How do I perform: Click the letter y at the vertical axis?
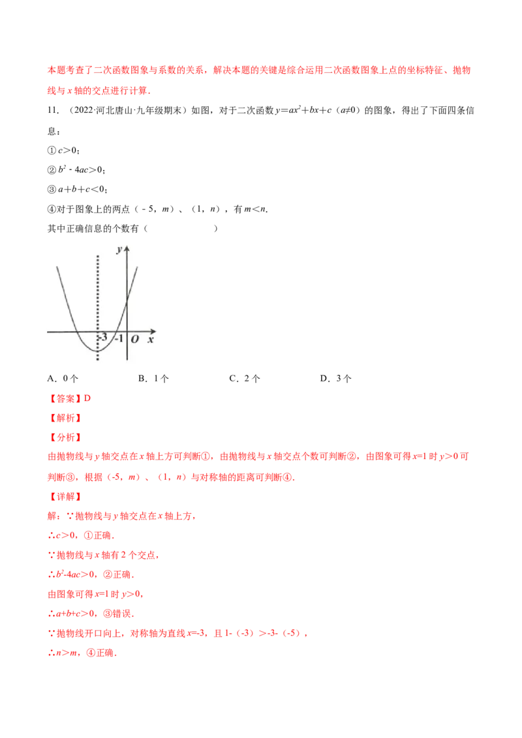click(119, 250)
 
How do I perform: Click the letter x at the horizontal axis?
click(151, 340)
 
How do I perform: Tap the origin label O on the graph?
click(134, 340)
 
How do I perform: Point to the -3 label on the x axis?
click(102, 338)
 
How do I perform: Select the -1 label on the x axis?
click(118, 338)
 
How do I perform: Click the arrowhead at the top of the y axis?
click(127, 248)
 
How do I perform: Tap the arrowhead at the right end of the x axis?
click(154, 331)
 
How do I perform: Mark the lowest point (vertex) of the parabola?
click(98, 351)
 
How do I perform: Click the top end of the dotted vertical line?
click(98, 256)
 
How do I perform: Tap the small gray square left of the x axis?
click(44, 331)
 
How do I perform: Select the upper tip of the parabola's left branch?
click(57, 266)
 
